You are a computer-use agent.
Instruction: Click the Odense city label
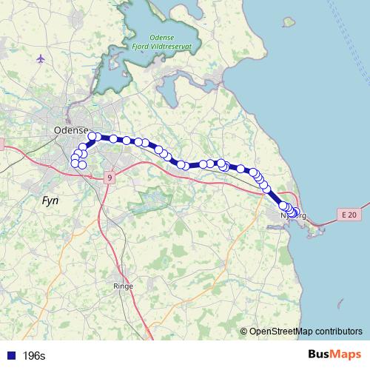pos(72,130)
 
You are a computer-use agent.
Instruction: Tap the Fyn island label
pos(50,200)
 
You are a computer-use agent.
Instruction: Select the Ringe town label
pos(123,285)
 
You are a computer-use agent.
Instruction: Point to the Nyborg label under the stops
pos(294,217)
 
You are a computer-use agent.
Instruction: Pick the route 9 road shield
pos(110,178)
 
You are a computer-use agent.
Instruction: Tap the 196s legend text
pos(33,355)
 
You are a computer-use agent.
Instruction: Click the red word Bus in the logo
pos(320,354)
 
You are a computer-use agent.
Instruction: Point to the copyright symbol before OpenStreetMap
pos(244,331)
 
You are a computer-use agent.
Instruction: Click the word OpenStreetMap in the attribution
pos(282,331)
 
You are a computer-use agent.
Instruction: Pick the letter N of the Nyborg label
pos(283,217)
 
